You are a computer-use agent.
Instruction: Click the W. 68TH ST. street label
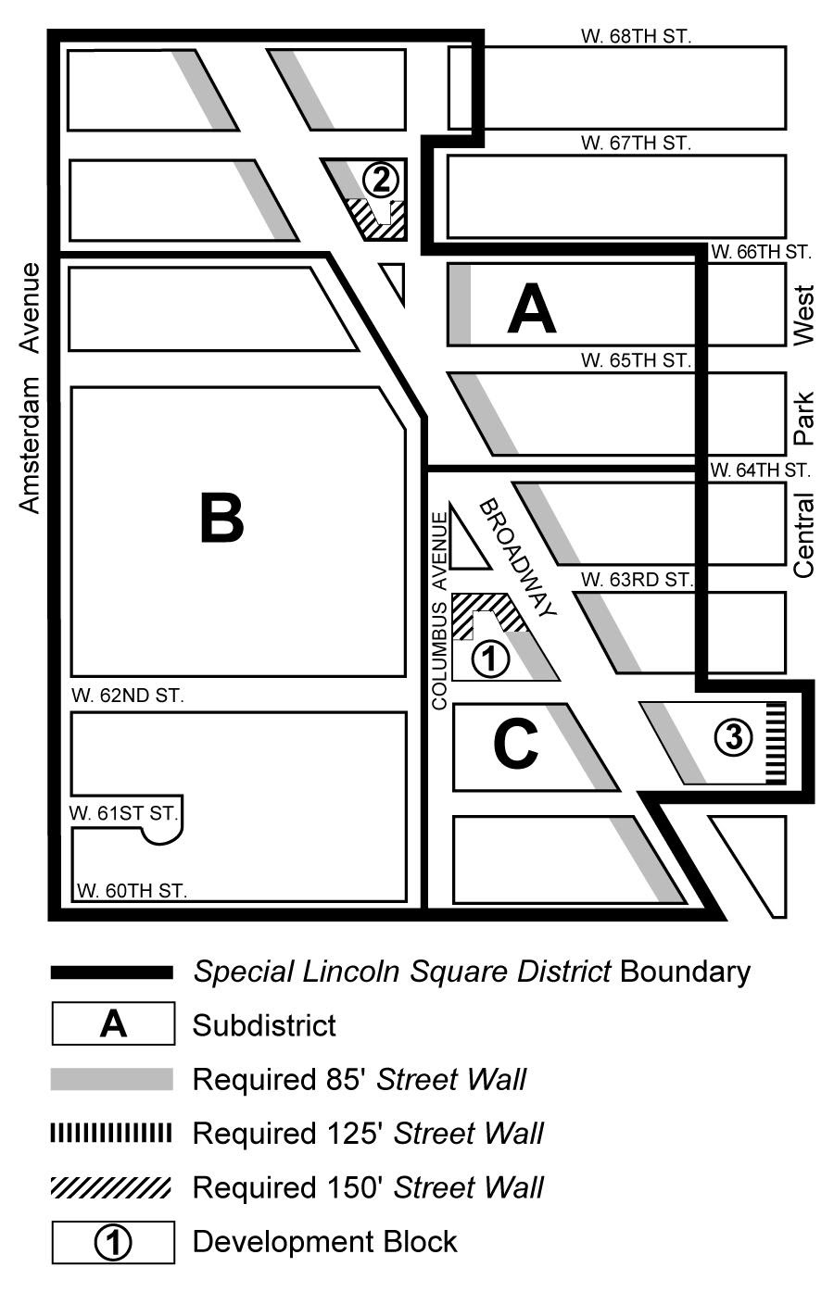[x=636, y=36]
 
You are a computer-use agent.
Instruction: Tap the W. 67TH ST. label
[x=636, y=144]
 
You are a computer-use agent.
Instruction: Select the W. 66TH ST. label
[x=760, y=251]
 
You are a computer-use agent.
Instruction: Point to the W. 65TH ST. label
[x=636, y=359]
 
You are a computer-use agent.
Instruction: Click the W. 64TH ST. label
[x=760, y=470]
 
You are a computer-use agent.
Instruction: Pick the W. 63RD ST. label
[x=636, y=580]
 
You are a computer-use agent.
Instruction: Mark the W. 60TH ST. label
[x=132, y=891]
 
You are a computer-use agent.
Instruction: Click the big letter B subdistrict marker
[x=221, y=519]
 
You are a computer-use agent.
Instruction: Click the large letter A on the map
[x=532, y=309]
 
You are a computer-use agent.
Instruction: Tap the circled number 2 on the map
[x=380, y=178]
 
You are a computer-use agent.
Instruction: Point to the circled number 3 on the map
[x=733, y=738]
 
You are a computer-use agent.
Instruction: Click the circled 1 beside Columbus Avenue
[x=491, y=659]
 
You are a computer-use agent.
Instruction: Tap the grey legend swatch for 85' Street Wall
[x=112, y=1079]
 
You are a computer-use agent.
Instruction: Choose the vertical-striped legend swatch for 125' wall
[x=112, y=1133]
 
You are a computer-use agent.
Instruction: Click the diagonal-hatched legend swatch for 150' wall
[x=112, y=1186]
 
